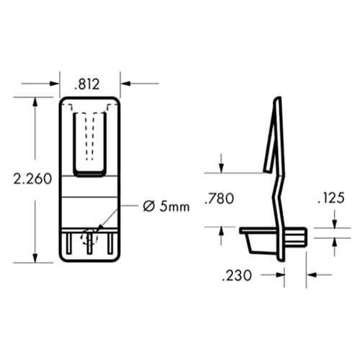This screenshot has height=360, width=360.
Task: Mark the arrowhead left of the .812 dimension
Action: point(55,84)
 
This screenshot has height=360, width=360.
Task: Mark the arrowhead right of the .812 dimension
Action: point(124,84)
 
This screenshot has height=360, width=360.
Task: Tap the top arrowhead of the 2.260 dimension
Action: point(35,99)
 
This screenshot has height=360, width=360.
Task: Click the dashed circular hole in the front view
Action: point(89,238)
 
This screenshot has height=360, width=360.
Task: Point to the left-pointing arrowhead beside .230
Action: point(311,274)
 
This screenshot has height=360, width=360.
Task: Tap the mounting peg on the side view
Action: point(298,235)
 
